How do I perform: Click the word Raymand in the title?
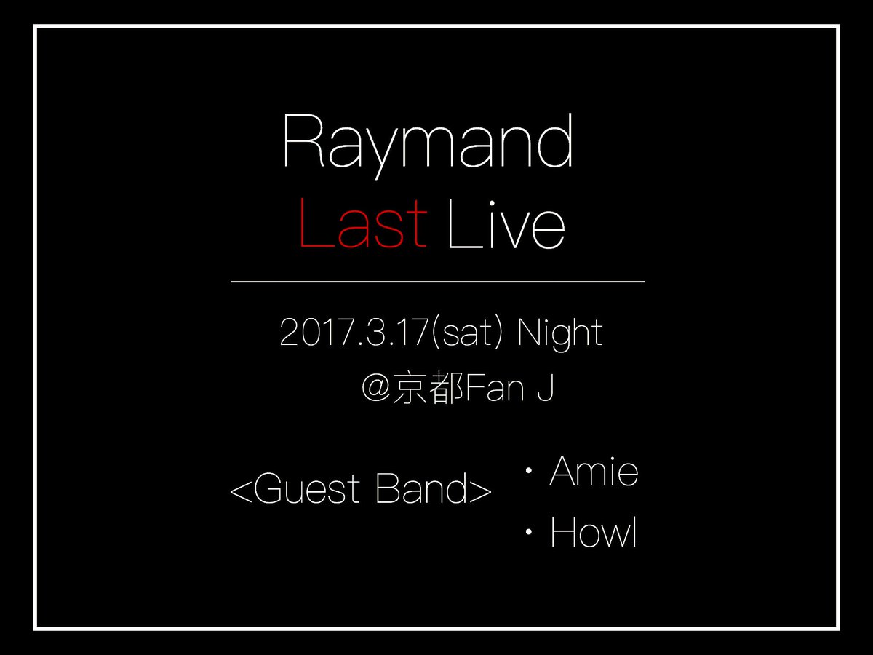coord(428,146)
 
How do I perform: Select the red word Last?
coord(363,223)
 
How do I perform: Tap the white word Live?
coord(506,223)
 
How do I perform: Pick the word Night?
coord(560,334)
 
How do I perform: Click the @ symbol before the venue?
coord(377,387)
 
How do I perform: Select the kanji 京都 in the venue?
coord(428,387)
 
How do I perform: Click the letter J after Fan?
coord(546,388)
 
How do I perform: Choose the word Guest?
coord(306,488)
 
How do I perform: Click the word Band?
coord(421,488)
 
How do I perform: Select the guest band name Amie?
coord(594,472)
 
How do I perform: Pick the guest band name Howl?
coord(594,532)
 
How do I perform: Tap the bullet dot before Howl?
coord(529,532)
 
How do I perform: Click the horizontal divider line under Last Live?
coord(438,282)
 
